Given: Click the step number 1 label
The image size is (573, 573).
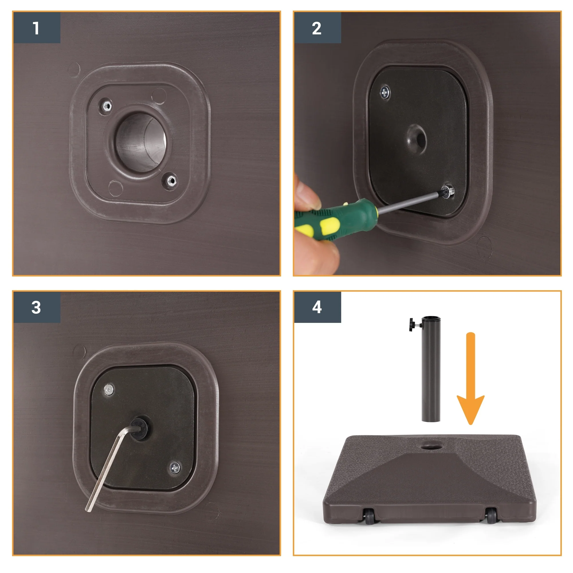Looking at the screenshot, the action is click(x=36, y=28).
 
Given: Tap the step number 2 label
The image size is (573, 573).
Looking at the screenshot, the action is click(x=317, y=28).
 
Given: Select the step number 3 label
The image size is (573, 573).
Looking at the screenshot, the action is click(x=36, y=307).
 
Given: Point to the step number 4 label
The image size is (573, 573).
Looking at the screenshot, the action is click(x=317, y=307).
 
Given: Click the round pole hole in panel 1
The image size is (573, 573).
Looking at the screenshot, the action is click(x=140, y=143).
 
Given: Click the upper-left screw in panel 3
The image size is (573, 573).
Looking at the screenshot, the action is click(x=109, y=389).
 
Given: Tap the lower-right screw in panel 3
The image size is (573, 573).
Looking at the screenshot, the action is click(x=175, y=468).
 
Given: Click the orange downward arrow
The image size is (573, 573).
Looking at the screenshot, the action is click(x=470, y=379).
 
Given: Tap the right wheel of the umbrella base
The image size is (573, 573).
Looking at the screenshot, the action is click(x=491, y=516).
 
